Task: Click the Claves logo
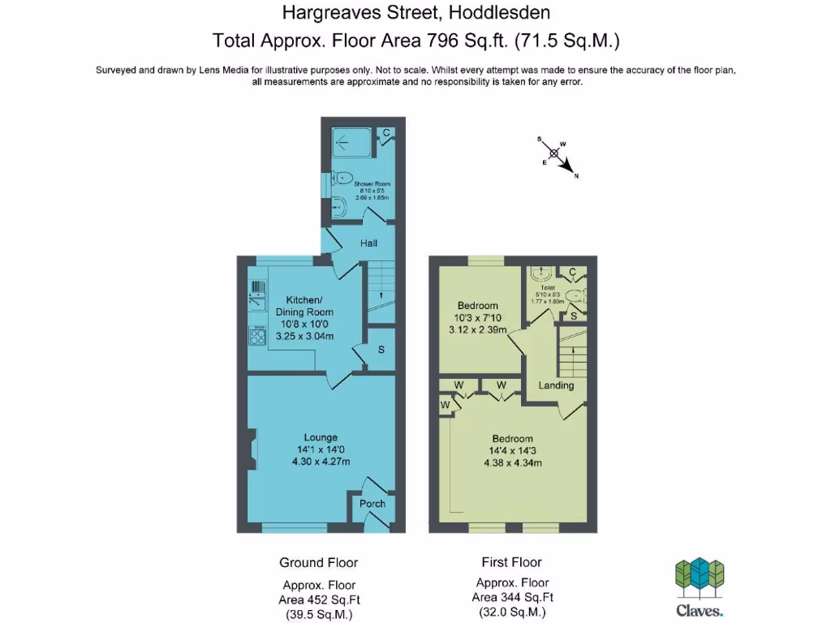(x=700, y=586)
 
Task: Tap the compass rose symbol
(x=555, y=153)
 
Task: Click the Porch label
(x=372, y=504)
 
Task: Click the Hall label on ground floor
(x=368, y=243)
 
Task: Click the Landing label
(x=556, y=385)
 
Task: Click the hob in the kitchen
(x=257, y=337)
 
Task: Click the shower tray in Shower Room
(x=351, y=142)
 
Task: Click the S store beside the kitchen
(x=381, y=350)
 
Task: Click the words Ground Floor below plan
(x=318, y=562)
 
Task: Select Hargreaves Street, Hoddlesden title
(x=415, y=13)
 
